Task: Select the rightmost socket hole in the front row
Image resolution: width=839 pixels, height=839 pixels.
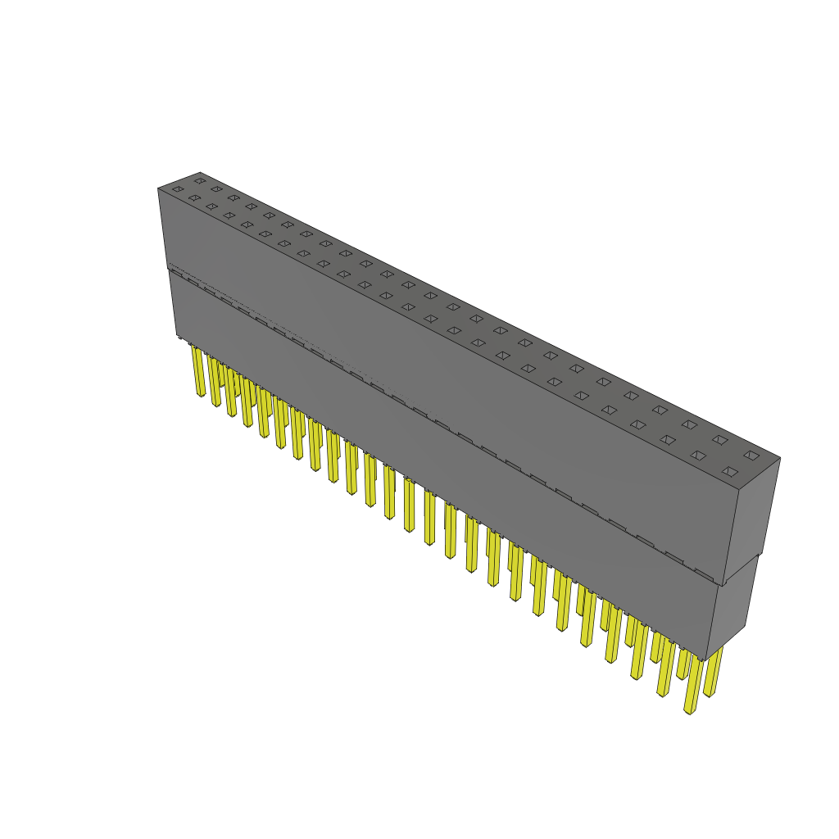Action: click(730, 472)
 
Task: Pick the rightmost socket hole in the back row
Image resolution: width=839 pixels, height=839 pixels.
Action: click(751, 455)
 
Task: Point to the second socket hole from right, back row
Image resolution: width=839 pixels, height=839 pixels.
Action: click(719, 440)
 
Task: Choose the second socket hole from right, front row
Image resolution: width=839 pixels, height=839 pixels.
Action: click(698, 456)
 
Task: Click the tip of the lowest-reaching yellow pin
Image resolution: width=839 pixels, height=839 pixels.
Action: click(690, 712)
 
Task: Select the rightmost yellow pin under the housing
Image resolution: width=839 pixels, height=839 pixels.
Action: click(713, 672)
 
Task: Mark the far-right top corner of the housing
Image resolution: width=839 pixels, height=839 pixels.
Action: click(780, 458)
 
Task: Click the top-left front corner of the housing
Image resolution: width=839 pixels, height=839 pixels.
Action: click(158, 188)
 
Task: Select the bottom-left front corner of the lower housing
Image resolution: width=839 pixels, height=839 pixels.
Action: click(177, 336)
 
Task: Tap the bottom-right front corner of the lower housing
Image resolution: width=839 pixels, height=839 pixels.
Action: click(706, 660)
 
